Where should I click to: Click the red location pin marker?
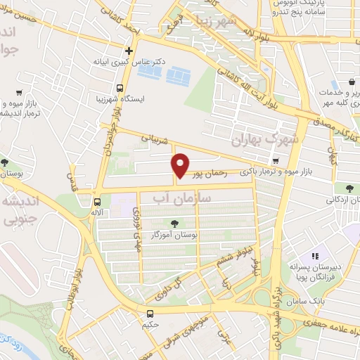181,165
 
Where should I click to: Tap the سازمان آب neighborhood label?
165,201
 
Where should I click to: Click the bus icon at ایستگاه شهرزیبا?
120,89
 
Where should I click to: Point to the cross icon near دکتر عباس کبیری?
128,51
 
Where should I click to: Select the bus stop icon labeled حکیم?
149,314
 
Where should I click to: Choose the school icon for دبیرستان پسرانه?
316,257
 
